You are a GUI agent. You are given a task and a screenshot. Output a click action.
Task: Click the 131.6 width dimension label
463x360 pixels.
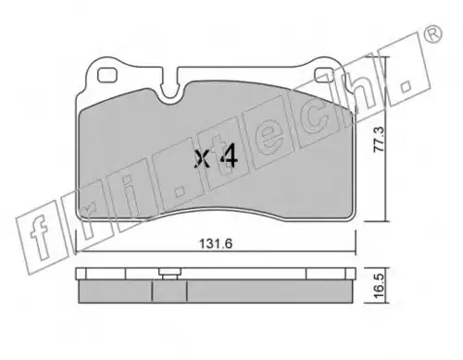(x=216, y=243)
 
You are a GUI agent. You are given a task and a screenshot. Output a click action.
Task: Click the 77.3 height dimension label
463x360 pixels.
(x=379, y=139)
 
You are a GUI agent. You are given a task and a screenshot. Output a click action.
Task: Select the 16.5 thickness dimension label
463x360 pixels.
(x=379, y=285)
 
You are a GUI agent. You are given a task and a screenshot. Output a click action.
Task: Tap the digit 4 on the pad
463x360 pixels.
(x=230, y=155)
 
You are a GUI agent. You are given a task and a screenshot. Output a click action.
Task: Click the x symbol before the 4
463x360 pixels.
(x=203, y=159)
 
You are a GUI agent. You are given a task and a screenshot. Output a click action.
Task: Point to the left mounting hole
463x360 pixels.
(x=106, y=75)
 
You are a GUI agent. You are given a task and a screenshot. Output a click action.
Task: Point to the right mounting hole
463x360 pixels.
(x=324, y=75)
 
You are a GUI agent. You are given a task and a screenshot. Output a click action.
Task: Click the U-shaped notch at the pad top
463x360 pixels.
(x=170, y=90)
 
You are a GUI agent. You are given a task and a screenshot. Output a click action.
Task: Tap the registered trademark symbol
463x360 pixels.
(x=432, y=33)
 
